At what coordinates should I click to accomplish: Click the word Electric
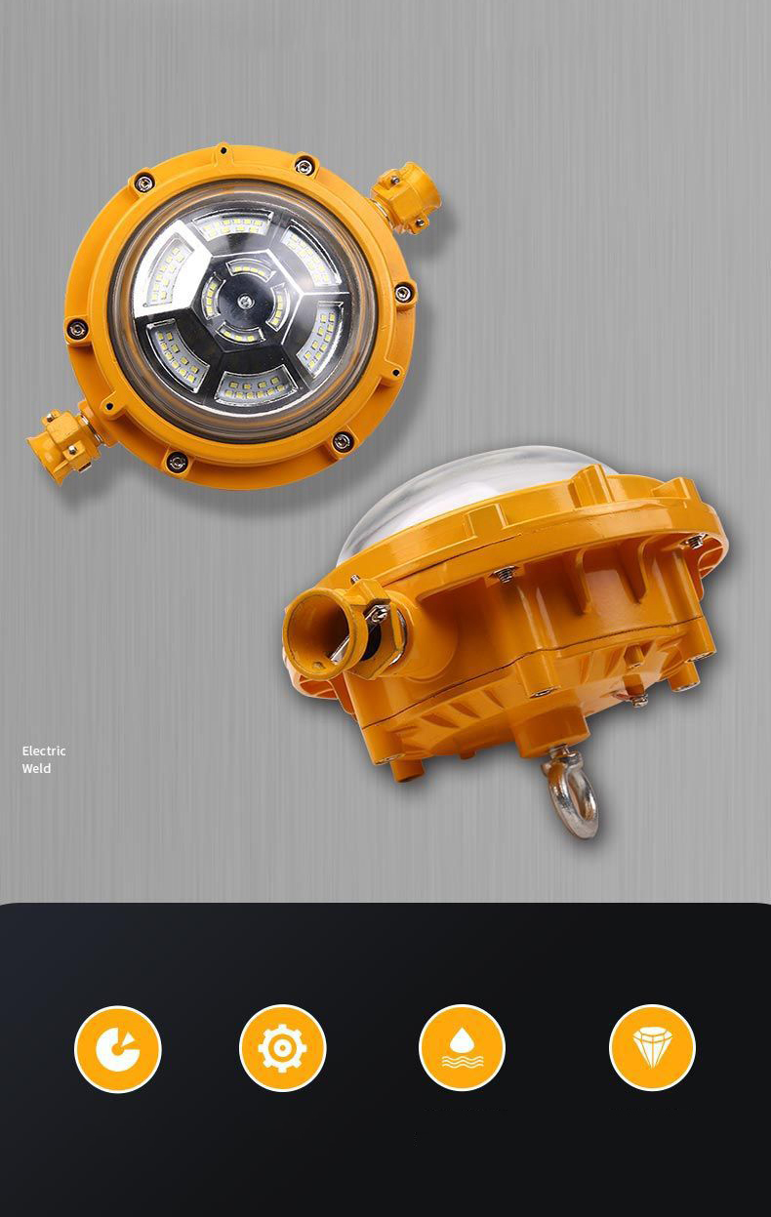tap(44, 750)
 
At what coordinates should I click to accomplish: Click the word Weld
tap(36, 768)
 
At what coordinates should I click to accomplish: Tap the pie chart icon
tap(117, 1048)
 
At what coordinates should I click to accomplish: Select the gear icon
tap(282, 1048)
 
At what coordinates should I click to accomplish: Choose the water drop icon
tap(462, 1048)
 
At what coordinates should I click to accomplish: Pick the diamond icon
tap(652, 1048)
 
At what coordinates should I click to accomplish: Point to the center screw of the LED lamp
tap(245, 299)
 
